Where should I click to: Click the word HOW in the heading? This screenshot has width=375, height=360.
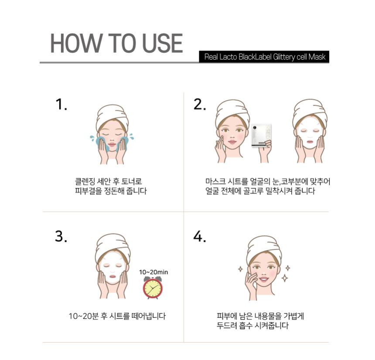pos(76,43)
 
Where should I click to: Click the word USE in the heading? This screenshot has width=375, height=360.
pos(162,43)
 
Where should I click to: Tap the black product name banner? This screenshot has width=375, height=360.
pos(264,57)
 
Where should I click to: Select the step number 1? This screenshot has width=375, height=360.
pos(61,105)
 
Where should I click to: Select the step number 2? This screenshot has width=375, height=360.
pos(199,105)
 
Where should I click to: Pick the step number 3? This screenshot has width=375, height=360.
pos(61,236)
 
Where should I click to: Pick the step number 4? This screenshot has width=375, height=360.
pos(199,236)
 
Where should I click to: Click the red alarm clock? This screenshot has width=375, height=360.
pos(153,288)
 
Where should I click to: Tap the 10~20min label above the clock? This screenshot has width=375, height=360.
pos(153,272)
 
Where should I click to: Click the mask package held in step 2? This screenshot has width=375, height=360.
pos(261,136)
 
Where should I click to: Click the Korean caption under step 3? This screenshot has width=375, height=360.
pos(117,316)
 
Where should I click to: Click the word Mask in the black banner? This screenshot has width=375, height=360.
pos(317,57)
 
